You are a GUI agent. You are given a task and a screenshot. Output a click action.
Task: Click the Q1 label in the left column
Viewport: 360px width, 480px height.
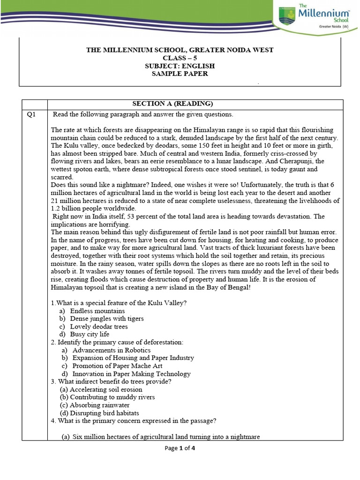29,114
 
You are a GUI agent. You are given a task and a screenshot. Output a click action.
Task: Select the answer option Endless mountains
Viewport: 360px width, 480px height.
97,311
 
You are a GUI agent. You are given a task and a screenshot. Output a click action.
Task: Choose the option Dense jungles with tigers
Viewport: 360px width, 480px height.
107,319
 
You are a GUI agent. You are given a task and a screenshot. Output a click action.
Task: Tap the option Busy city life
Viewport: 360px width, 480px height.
90,334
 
